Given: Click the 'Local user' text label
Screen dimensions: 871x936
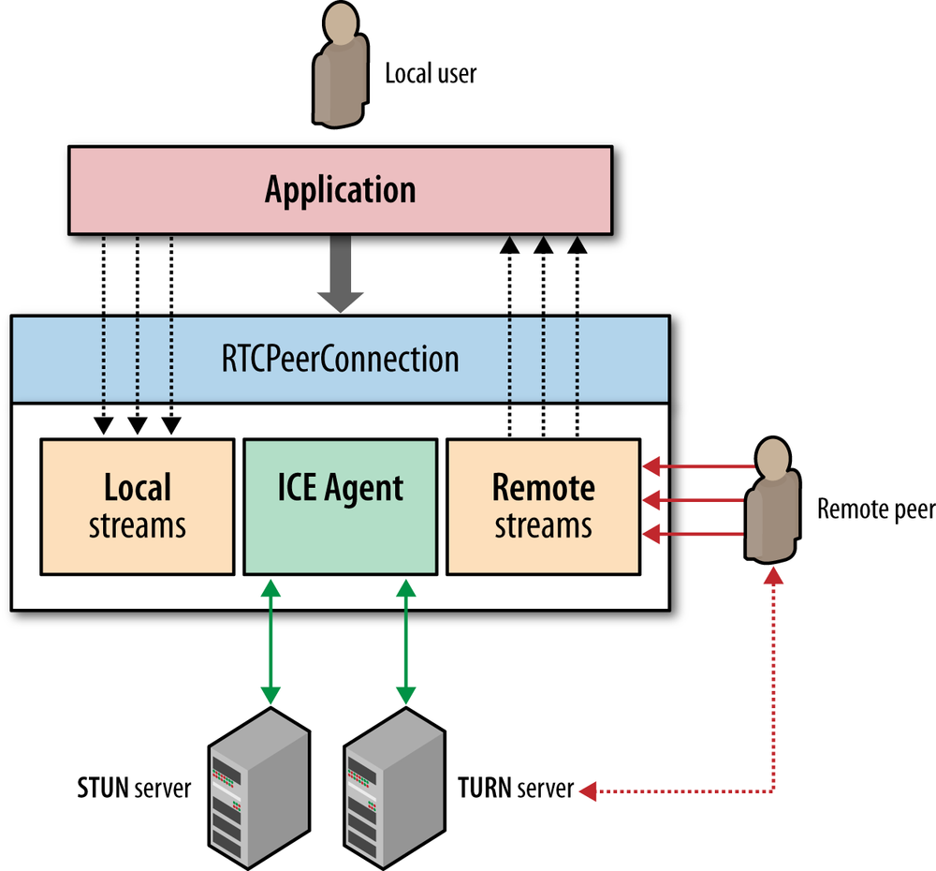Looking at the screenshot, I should point(431,73).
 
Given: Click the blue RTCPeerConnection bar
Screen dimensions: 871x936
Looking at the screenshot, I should point(340,359).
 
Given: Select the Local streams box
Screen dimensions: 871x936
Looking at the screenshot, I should point(137,506).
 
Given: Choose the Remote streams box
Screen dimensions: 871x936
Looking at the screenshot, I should point(543,506).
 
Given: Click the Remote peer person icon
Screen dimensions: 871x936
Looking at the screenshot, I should point(773,501).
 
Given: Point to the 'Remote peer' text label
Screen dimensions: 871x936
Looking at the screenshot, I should point(875,509).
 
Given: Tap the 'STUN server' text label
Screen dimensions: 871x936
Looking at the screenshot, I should point(134,789).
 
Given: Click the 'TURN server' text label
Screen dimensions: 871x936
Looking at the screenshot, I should point(515,789).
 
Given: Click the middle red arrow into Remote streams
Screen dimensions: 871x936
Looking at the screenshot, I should point(697,500).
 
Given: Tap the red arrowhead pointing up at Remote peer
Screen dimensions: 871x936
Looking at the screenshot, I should point(773,575).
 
